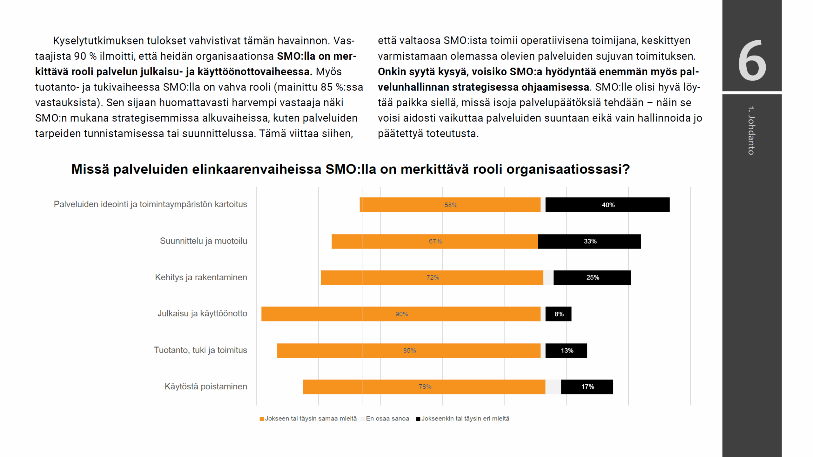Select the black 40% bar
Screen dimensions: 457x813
(x=607, y=205)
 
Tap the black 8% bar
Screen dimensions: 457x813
(x=558, y=314)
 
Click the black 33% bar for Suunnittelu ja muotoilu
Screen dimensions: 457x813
(x=589, y=241)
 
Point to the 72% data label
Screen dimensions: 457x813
(x=433, y=277)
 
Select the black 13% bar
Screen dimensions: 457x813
(x=566, y=351)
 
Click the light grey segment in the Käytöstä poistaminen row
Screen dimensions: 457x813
(x=553, y=387)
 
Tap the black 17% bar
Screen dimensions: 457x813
(x=587, y=387)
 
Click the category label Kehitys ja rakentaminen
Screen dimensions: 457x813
(x=201, y=277)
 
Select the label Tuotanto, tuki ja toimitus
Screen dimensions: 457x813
(x=200, y=350)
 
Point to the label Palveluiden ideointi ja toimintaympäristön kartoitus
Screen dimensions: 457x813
(x=150, y=204)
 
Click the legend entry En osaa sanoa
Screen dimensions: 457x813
(x=387, y=419)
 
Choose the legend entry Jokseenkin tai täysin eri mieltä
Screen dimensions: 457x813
(x=465, y=419)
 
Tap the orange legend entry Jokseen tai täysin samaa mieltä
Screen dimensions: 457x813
(x=310, y=419)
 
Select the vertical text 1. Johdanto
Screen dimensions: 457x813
(x=751, y=130)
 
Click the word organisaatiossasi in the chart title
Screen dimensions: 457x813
(x=568, y=169)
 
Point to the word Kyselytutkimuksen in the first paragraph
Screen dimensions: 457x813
(x=98, y=41)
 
